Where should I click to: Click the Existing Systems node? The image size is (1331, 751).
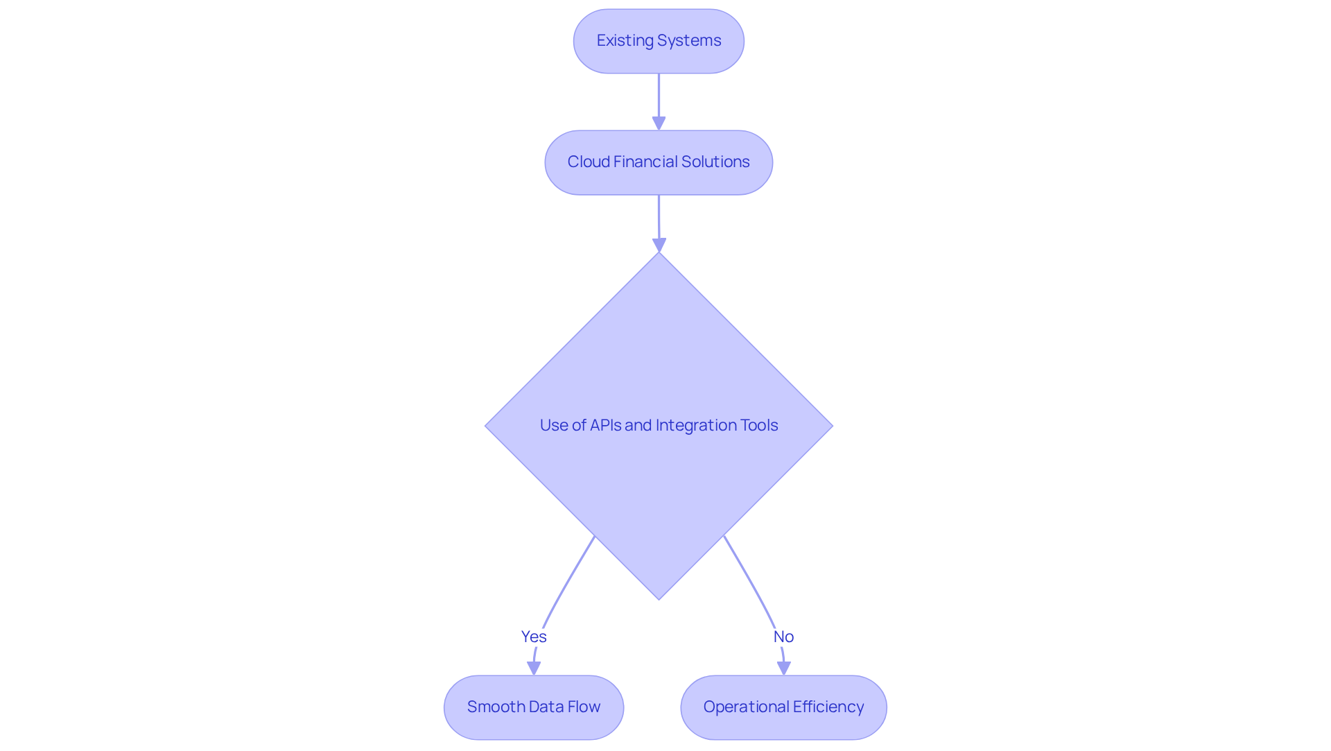pyautogui.click(x=659, y=41)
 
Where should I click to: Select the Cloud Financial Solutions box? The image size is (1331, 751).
pyautogui.click(x=659, y=162)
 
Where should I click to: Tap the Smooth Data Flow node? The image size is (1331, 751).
pyautogui.click(x=534, y=707)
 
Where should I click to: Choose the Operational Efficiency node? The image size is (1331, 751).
pyautogui.click(x=783, y=707)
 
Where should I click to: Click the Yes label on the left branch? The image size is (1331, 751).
pyautogui.click(x=534, y=637)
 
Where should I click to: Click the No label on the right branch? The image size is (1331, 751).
pyautogui.click(x=783, y=637)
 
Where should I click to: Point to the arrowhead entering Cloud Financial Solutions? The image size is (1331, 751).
pyautogui.click(x=659, y=123)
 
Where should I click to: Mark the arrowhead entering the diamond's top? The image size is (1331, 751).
pyautogui.click(x=659, y=245)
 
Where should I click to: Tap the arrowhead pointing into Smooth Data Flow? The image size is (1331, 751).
pyautogui.click(x=534, y=668)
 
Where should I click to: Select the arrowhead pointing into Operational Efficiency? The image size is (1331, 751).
pyautogui.click(x=784, y=668)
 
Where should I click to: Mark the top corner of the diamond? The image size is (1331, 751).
pyautogui.click(x=659, y=254)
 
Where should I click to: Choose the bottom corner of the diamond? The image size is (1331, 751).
pyautogui.click(x=659, y=598)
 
